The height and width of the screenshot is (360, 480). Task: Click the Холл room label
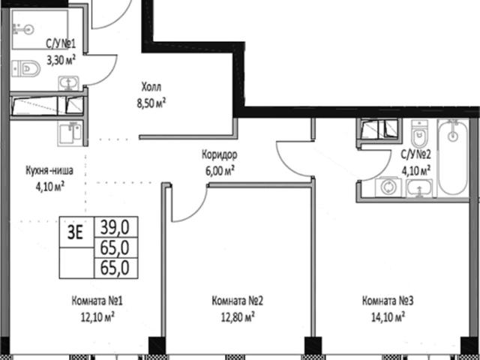[x=151, y=88]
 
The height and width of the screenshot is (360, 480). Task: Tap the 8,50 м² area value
[x=151, y=103]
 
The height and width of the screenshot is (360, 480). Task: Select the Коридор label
[x=219, y=155]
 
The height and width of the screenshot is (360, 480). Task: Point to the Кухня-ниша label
[x=49, y=170]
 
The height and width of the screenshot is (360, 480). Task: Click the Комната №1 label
[x=97, y=301]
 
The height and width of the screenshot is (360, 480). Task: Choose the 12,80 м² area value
[x=238, y=317]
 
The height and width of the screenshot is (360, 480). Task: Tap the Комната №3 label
[x=388, y=301]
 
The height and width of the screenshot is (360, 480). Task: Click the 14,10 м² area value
[x=388, y=317]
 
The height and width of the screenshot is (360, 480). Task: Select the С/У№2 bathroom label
[x=416, y=155]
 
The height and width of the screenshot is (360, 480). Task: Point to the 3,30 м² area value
[x=61, y=60]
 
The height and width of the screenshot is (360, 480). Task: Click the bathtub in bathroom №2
[x=453, y=157]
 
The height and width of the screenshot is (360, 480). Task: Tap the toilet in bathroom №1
[x=26, y=68]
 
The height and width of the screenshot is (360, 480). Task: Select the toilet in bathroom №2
[x=418, y=133]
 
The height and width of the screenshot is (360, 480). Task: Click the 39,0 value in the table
[x=115, y=227]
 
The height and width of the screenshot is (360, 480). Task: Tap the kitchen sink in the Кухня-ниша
[x=70, y=133]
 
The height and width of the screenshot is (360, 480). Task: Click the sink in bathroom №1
[x=68, y=83]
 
